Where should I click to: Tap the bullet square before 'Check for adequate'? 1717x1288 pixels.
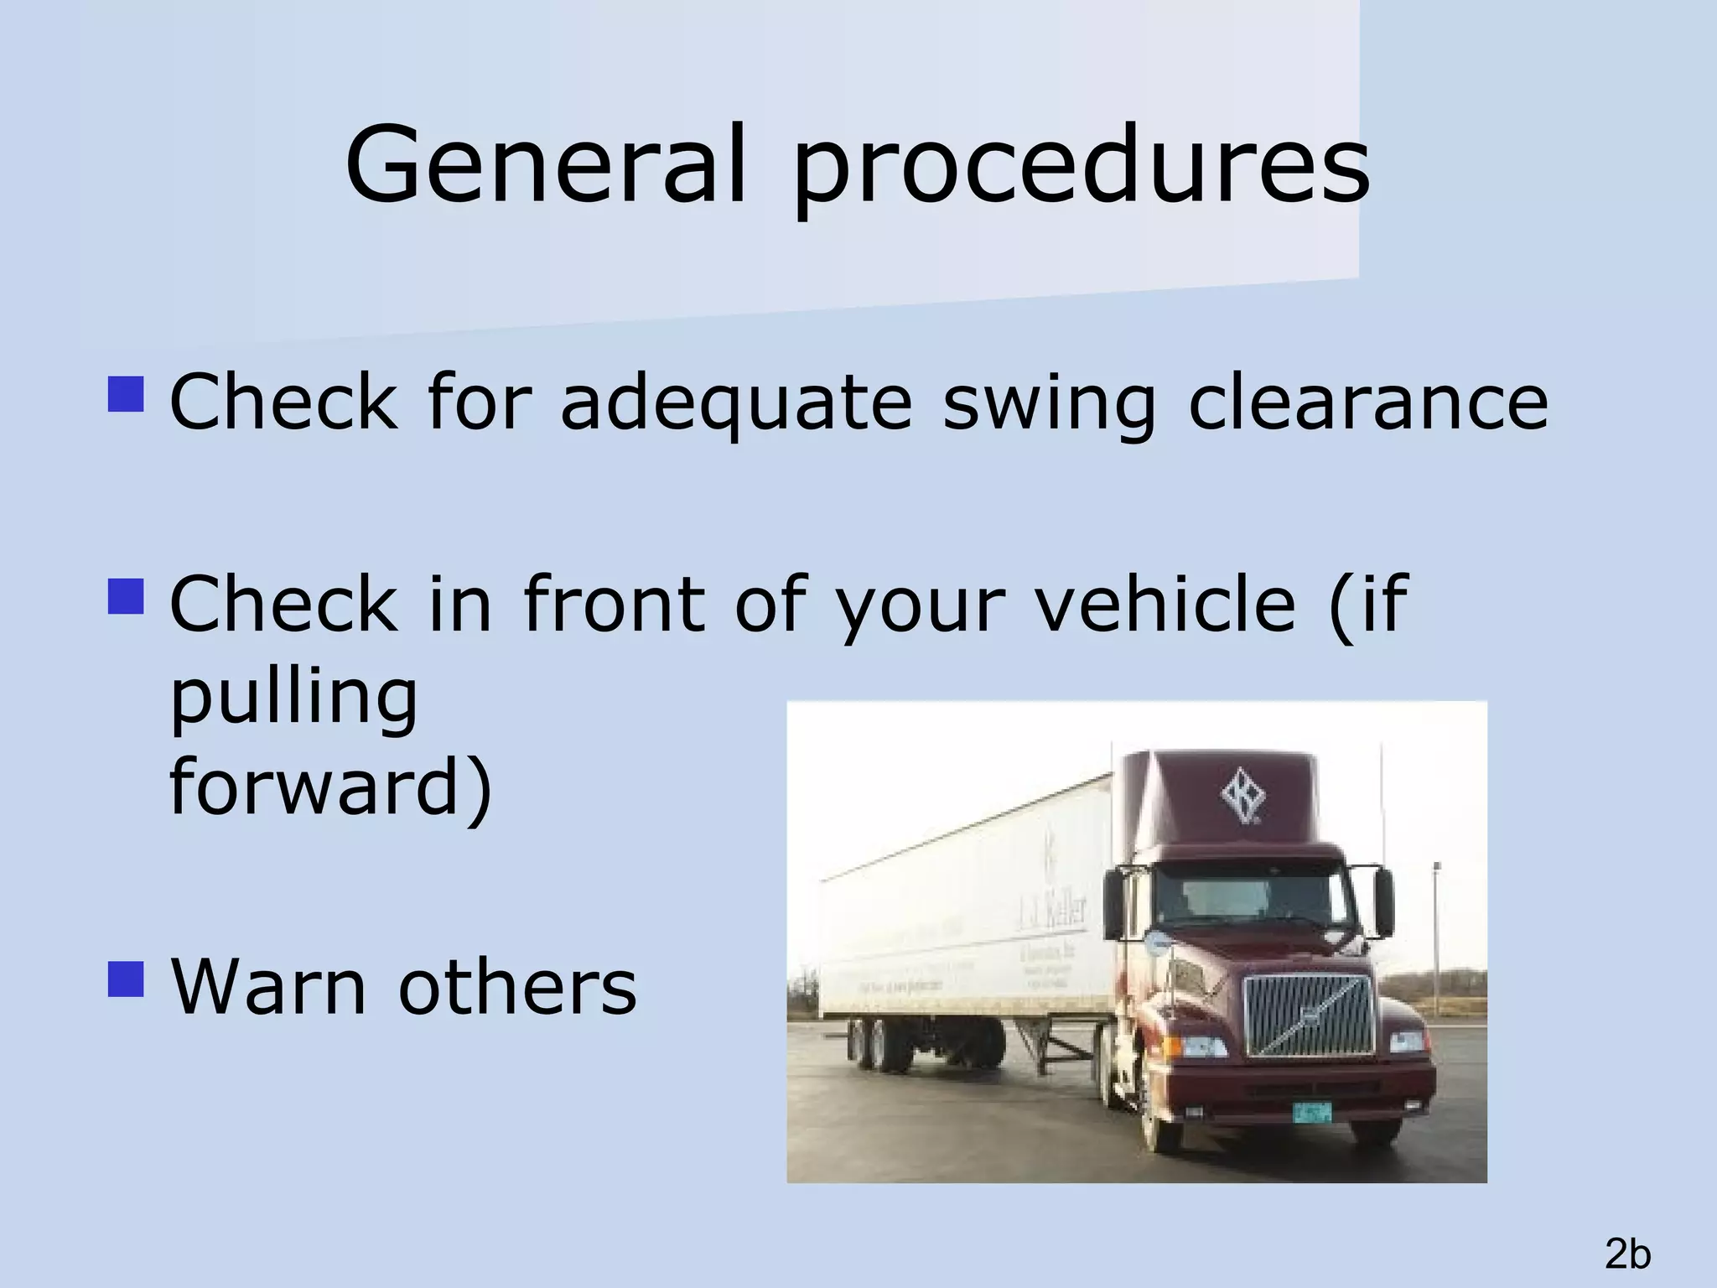pyautogui.click(x=127, y=393)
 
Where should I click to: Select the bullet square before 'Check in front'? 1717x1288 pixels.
pyautogui.click(x=127, y=596)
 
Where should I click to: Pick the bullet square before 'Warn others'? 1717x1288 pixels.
pyautogui.click(x=127, y=979)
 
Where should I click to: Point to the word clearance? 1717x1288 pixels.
pyautogui.click(x=1367, y=402)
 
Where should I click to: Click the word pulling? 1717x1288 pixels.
pyautogui.click(x=293, y=699)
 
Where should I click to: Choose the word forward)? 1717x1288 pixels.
pyautogui.click(x=330, y=787)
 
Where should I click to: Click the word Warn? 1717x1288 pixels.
pyautogui.click(x=269, y=986)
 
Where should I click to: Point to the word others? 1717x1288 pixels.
pyautogui.click(x=517, y=986)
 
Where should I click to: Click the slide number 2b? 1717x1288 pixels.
pyautogui.click(x=1627, y=1254)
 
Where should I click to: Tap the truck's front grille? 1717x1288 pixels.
pyautogui.click(x=1307, y=1015)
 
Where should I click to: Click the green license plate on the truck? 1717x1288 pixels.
pyautogui.click(x=1311, y=1113)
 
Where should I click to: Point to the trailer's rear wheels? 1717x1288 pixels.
pyautogui.click(x=879, y=1044)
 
